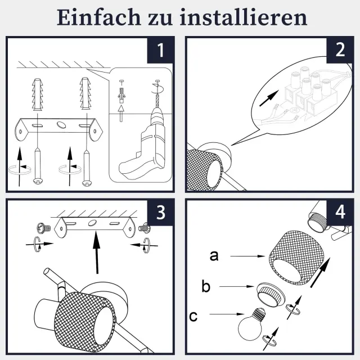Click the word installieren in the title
pos(244,17)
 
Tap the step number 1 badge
pos(160,50)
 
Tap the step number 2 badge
pos(340,50)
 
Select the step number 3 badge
pos(160,213)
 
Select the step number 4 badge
pos(340,213)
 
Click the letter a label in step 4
pos(214,256)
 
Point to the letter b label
pos(206,286)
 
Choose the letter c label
pos(193,316)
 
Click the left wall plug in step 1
pos(37,94)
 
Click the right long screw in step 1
pos(86,168)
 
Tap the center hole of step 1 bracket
pos(61,124)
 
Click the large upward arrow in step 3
pos(97,252)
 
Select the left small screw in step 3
pos(44,228)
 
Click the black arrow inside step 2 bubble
pos(269,98)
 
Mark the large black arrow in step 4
pos(320,272)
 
